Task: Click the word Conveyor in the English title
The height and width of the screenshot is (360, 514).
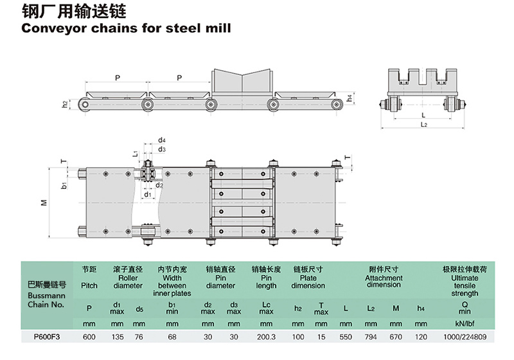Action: pyautogui.click(x=51, y=28)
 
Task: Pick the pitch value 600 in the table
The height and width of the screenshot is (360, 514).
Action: pyautogui.click(x=90, y=336)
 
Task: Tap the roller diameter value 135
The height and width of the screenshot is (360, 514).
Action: pyautogui.click(x=117, y=336)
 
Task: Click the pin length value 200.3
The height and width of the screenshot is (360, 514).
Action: pyautogui.click(x=265, y=336)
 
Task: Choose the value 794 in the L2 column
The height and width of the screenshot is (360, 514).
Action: pyautogui.click(x=371, y=336)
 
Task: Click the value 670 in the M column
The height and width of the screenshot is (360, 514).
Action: pyautogui.click(x=396, y=336)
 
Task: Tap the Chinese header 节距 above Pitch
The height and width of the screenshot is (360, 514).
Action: pyautogui.click(x=90, y=270)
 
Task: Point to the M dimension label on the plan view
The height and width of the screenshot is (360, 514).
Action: pyautogui.click(x=44, y=203)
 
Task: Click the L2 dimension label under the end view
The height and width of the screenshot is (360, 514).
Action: pyautogui.click(x=425, y=123)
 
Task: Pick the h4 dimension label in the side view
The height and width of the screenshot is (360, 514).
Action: pyautogui.click(x=350, y=98)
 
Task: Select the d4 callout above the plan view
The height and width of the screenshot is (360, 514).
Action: pyautogui.click(x=162, y=139)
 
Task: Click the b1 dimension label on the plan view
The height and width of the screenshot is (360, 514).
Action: pyautogui.click(x=64, y=185)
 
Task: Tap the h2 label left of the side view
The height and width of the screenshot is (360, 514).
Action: pyautogui.click(x=65, y=103)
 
